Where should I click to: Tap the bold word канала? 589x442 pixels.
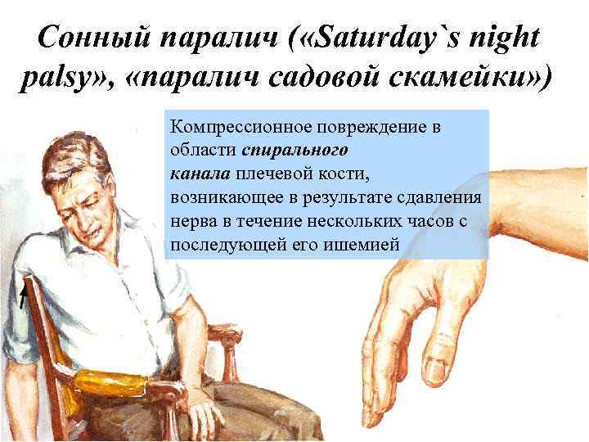coord(201,174)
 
